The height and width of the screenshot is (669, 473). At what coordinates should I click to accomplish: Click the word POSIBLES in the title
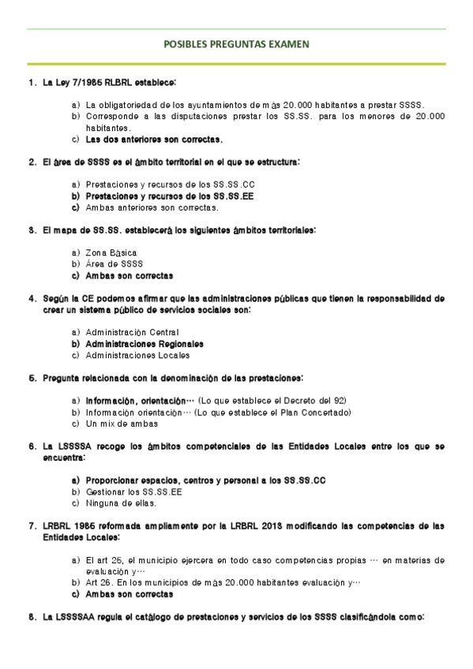click(186, 45)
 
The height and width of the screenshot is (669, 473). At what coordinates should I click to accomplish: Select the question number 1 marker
click(31, 82)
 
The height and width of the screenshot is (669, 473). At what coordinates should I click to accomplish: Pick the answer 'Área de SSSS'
click(114, 263)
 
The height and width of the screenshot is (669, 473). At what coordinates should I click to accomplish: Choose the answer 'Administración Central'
click(132, 332)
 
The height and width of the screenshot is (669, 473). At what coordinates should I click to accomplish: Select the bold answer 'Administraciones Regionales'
click(145, 344)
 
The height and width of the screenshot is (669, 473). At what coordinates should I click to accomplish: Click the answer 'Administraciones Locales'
click(132, 355)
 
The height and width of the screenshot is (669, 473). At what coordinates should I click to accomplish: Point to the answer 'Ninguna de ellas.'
click(121, 503)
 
